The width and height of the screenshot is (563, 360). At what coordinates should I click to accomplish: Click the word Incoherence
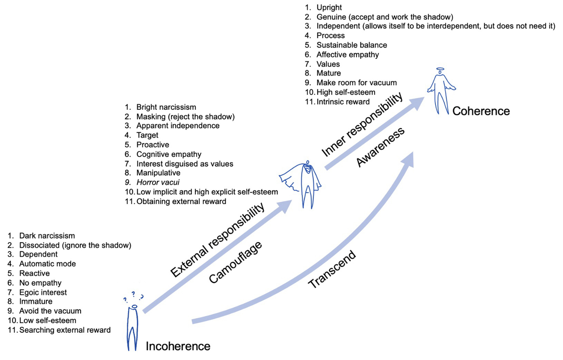point(178,346)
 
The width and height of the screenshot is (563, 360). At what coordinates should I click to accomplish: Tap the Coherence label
point(481,111)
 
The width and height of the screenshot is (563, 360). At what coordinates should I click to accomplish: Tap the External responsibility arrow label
point(218,240)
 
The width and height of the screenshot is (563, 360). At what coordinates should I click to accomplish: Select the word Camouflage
point(235,262)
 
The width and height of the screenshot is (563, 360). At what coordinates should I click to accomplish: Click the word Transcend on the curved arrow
point(332,270)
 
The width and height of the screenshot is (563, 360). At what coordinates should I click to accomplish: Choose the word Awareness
point(380,148)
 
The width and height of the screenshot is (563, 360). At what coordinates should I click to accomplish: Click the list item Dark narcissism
point(47,236)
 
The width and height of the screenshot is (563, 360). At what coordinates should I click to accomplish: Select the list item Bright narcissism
point(166,107)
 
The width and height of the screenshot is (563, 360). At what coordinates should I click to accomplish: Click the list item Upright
point(329,7)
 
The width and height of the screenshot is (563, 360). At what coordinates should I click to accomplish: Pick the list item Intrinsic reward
point(343,102)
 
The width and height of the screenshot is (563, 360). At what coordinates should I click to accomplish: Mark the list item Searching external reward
point(65,330)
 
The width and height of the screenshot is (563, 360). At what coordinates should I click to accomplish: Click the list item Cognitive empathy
point(169,154)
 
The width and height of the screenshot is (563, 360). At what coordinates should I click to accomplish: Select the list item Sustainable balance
point(351,45)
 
